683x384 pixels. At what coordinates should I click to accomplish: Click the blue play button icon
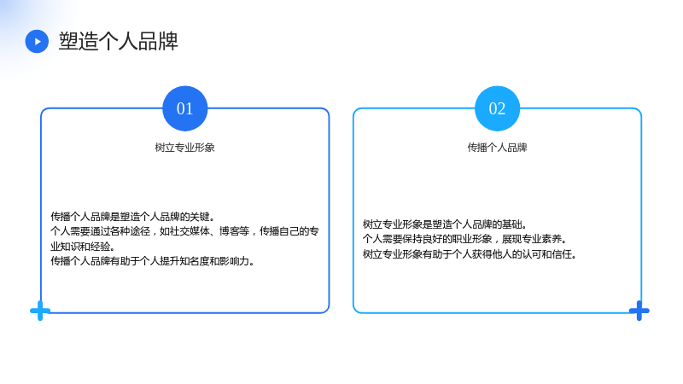click(x=37, y=41)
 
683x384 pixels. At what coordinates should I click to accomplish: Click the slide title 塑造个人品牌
click(x=119, y=41)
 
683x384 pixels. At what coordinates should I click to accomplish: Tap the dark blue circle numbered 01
click(x=185, y=108)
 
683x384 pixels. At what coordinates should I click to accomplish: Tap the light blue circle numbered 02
click(x=498, y=108)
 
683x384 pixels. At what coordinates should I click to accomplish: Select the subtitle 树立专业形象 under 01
click(x=185, y=148)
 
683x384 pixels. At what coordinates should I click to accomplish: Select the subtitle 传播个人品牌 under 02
click(x=498, y=148)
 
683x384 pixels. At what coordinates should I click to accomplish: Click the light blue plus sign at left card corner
click(x=40, y=311)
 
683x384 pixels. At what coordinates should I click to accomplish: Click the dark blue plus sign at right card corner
click(x=639, y=311)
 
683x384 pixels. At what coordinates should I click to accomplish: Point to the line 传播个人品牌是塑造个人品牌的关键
click(x=133, y=217)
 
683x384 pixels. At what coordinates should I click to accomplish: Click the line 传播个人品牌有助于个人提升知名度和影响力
click(x=153, y=261)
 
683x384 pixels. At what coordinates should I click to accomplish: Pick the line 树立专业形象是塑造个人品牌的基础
click(x=445, y=224)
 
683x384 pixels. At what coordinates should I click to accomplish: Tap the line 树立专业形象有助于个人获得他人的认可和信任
click(x=470, y=253)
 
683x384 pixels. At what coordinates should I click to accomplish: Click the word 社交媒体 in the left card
click(x=190, y=231)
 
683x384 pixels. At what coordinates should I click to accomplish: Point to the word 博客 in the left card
click(x=229, y=231)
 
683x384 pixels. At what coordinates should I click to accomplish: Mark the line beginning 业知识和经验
click(x=83, y=246)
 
